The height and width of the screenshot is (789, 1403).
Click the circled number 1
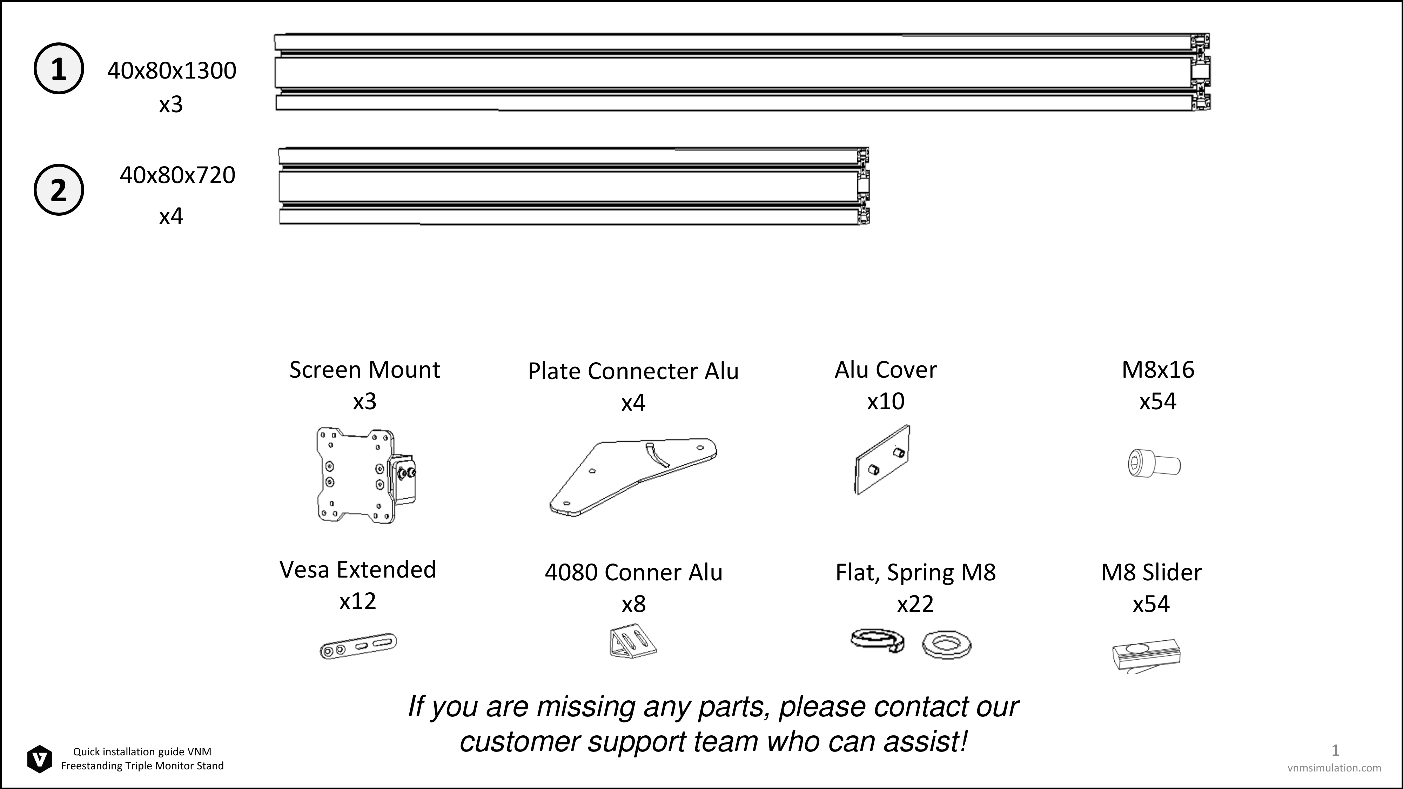click(59, 69)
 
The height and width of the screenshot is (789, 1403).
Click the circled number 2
click(59, 189)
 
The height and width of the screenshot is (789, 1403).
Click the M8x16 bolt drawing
click(1154, 463)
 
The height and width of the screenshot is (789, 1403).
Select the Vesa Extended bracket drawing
click(358, 646)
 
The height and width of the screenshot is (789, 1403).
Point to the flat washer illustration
click(947, 645)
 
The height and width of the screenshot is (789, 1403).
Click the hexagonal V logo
click(40, 758)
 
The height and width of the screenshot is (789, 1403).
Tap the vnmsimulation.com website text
click(1334, 768)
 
